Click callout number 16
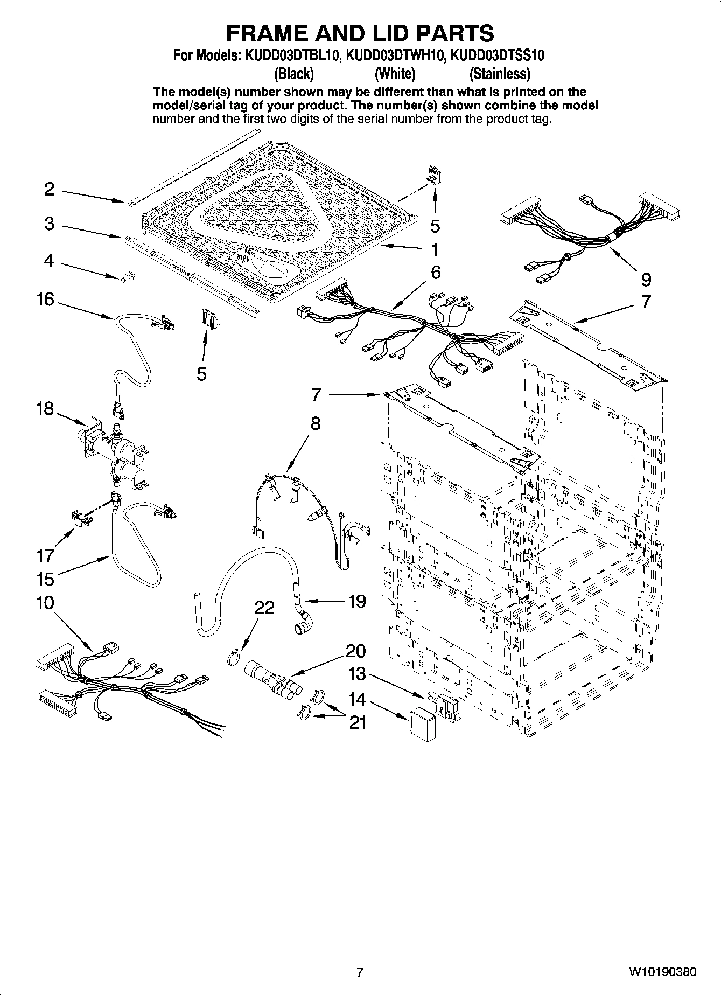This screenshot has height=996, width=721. click(x=45, y=299)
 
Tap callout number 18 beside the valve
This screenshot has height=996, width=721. click(x=45, y=409)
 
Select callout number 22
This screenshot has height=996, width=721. click(x=264, y=608)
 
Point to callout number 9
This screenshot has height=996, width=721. click(x=646, y=279)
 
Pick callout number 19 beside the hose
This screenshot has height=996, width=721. click(x=357, y=601)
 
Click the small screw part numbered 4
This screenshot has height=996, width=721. click(x=128, y=277)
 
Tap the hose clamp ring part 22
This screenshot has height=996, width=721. click(x=233, y=658)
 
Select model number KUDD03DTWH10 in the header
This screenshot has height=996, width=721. click(x=396, y=55)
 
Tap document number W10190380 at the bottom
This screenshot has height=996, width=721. click(x=662, y=972)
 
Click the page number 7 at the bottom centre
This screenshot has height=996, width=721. click(x=360, y=972)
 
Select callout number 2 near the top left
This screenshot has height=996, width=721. click(x=49, y=189)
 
